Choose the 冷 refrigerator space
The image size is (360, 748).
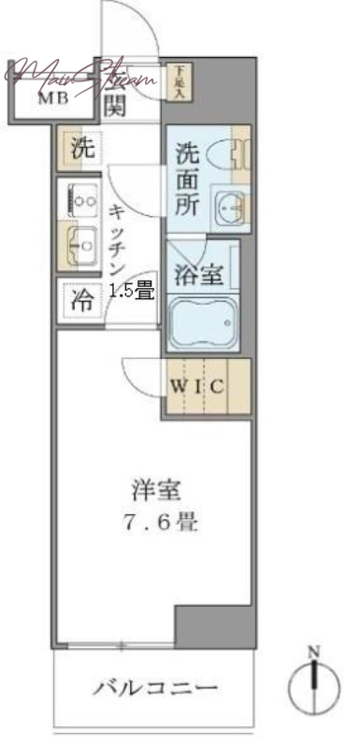[x=82, y=301]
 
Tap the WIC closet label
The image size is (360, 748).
[x=196, y=385]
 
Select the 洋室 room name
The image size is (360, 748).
[x=149, y=488]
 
